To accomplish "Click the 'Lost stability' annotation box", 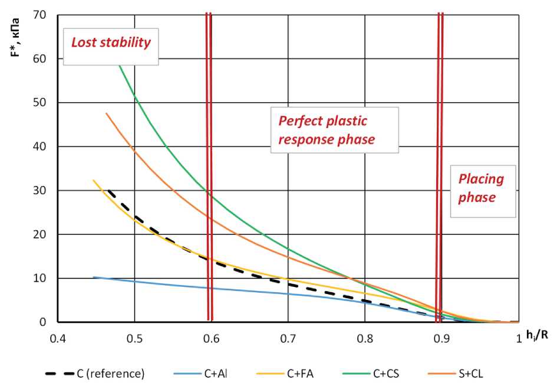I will pyautogui.click(x=111, y=43).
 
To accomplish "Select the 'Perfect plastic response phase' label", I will pyautogui.click(x=334, y=130).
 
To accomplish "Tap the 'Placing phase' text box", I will pyautogui.click(x=482, y=188).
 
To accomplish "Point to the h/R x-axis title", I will pyautogui.click(x=537, y=335).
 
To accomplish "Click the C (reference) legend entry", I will pyautogui.click(x=94, y=374).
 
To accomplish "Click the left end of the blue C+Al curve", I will pyautogui.click(x=93, y=277).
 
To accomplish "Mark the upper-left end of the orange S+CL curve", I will pyautogui.click(x=107, y=113).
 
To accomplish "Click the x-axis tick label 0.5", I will pyautogui.click(x=134, y=339).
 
